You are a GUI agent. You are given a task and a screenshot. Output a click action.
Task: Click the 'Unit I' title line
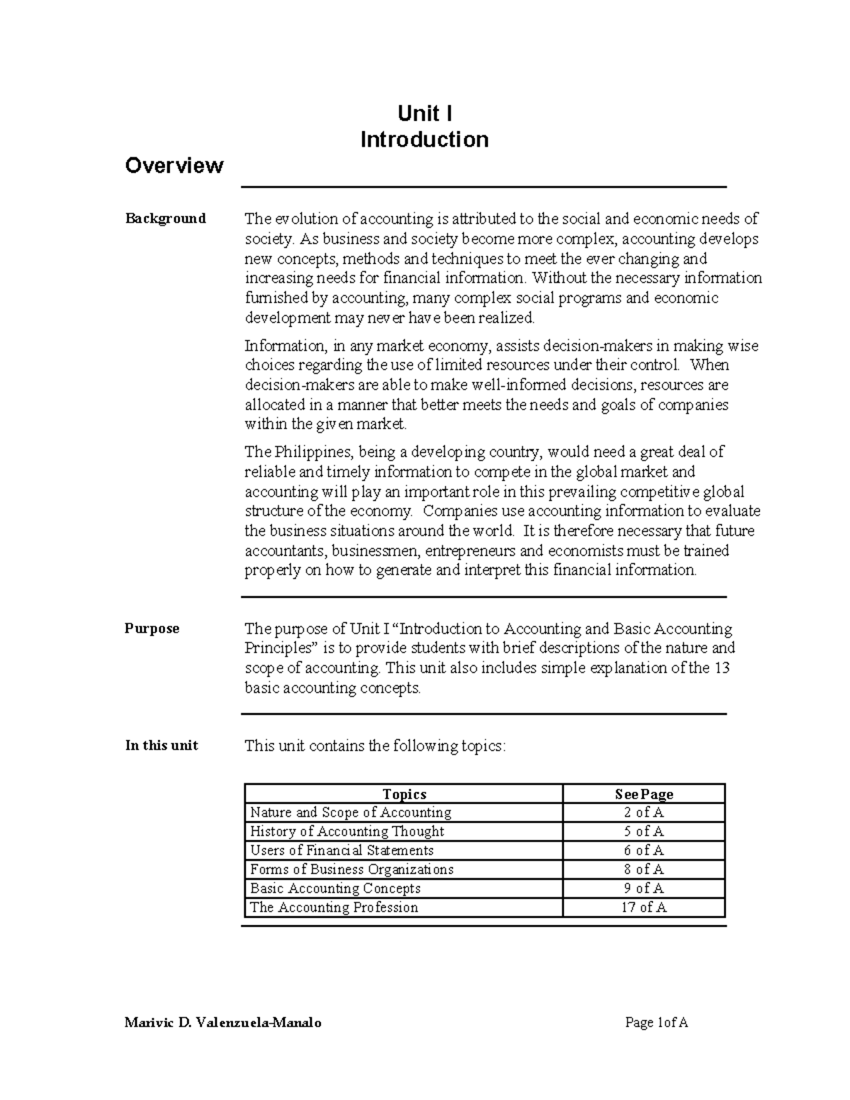click(x=424, y=113)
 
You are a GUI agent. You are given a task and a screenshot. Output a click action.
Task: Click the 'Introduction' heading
click(x=424, y=140)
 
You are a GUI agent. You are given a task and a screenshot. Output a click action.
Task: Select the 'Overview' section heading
click(x=174, y=166)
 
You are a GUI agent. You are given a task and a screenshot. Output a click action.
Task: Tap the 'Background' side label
click(x=166, y=218)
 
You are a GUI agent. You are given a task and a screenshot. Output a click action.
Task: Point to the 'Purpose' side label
click(x=152, y=628)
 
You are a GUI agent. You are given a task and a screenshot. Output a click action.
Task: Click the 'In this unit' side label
click(x=161, y=745)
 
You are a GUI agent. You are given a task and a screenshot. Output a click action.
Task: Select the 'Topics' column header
click(x=404, y=794)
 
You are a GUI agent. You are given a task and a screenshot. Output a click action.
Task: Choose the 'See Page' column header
click(x=644, y=794)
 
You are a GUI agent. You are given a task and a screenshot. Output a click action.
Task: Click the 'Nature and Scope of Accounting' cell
click(x=351, y=812)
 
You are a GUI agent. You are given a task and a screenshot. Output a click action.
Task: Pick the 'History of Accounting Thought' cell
click(x=347, y=832)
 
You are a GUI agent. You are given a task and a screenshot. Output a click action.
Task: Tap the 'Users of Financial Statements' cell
click(x=341, y=850)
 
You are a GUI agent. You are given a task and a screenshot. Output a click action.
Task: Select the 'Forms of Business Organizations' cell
click(x=351, y=869)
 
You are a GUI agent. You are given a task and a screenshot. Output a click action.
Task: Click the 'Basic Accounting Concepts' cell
click(x=335, y=888)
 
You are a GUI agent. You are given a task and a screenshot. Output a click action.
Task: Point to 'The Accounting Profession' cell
click(x=334, y=907)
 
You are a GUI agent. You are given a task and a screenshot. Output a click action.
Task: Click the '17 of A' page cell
click(x=644, y=907)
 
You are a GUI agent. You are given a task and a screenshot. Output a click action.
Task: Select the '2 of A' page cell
click(x=644, y=812)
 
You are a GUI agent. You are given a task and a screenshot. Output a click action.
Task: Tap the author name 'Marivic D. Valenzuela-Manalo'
click(x=223, y=1022)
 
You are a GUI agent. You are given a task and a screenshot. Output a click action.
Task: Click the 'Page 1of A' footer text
click(x=657, y=1022)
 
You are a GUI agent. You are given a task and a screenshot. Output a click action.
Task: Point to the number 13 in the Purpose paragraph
click(x=721, y=668)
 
